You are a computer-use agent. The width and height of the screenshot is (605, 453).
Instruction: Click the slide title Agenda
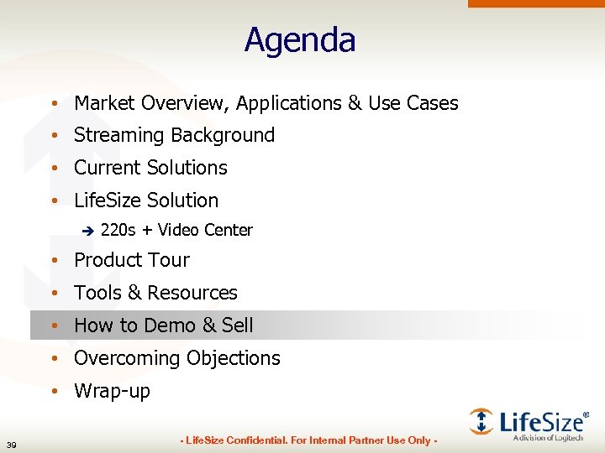pos(300,40)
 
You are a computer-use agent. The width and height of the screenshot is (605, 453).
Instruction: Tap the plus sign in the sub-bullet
pos(147,231)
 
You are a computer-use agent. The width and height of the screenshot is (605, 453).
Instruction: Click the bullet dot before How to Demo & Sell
pos(53,325)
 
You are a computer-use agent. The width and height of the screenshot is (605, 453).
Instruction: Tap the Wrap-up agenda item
pos(112,392)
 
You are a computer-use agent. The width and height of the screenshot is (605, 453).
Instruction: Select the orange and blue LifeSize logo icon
pos(481,420)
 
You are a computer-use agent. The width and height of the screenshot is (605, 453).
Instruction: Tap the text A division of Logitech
pos(548,438)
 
